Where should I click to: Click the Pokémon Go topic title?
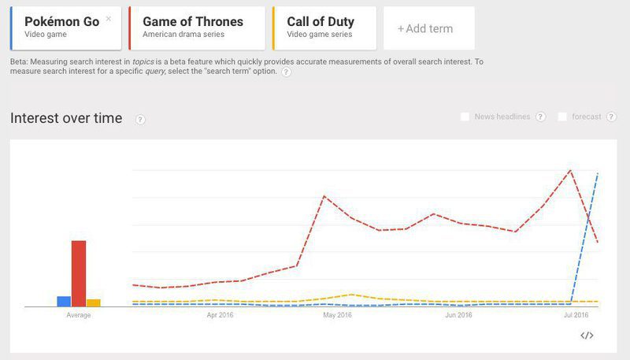[62, 21]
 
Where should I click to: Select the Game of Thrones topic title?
[193, 21]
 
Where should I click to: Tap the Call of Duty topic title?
[321, 21]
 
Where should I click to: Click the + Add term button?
[425, 29]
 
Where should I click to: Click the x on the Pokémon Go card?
[109, 18]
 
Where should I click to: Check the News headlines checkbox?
[465, 117]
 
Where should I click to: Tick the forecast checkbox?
[562, 117]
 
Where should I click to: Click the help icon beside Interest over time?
[140, 119]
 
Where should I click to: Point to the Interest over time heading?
[66, 118]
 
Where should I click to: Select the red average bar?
[79, 273]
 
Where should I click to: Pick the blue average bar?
[64, 301]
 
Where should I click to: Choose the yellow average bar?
[93, 302]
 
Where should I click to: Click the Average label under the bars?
[79, 315]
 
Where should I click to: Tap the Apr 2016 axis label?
[220, 315]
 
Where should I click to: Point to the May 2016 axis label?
[337, 315]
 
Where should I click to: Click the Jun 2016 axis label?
[458, 315]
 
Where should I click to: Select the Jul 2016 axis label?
[576, 315]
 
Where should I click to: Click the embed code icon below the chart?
[587, 336]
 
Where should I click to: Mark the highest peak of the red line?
[569, 170]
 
